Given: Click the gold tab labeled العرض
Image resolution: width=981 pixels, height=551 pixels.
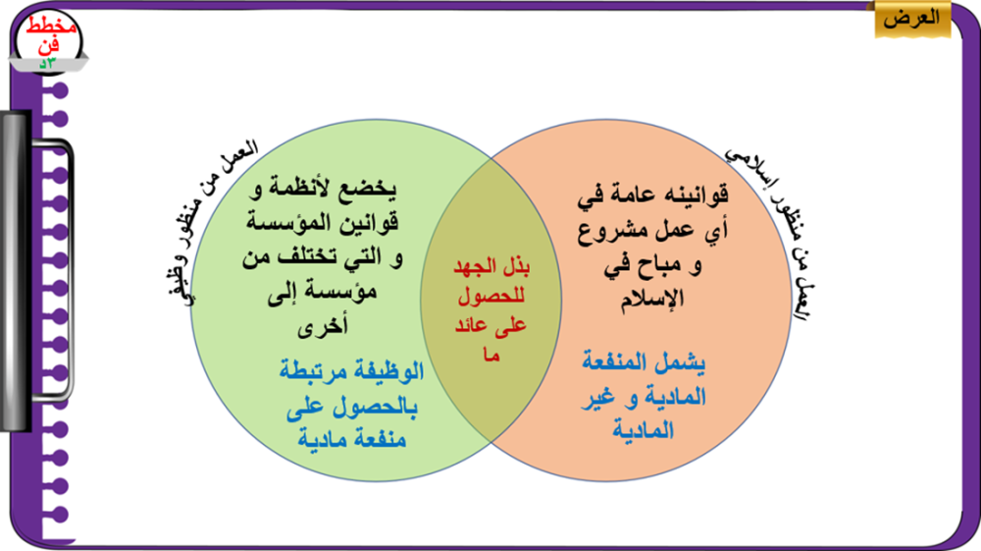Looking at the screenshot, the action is (x=912, y=20).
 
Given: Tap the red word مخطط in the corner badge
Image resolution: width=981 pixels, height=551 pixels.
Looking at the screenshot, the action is (x=51, y=27).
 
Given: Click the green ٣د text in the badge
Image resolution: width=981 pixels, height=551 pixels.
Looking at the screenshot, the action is (x=48, y=63).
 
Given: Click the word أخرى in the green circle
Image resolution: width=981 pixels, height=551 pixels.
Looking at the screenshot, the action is (x=322, y=325).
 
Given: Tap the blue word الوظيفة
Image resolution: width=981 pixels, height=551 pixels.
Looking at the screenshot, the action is (x=387, y=371).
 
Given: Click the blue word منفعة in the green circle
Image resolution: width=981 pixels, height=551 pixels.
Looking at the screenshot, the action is (x=383, y=438).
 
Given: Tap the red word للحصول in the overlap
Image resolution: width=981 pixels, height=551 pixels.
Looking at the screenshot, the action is (x=490, y=297).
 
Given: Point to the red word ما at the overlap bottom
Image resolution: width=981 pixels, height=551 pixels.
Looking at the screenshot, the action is (x=491, y=355).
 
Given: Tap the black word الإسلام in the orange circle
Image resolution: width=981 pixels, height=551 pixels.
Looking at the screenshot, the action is (x=652, y=300).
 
